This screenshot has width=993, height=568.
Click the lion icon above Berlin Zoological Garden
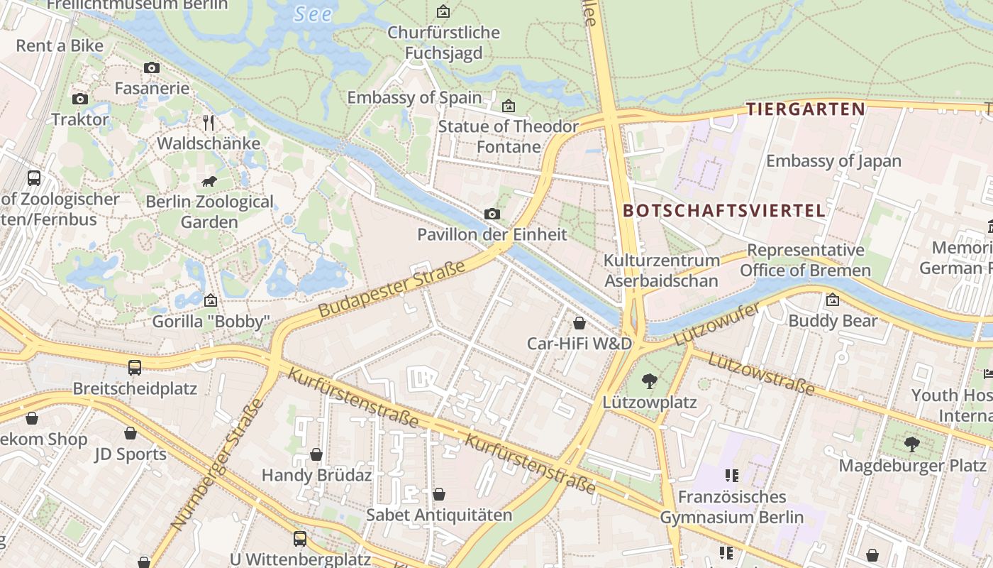click(209, 181)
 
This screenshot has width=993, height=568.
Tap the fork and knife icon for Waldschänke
click(209, 123)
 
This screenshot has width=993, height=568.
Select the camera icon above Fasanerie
click(152, 68)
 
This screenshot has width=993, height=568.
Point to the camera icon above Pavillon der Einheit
click(492, 214)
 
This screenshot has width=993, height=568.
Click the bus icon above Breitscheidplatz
click(135, 367)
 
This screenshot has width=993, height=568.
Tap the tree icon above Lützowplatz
click(649, 381)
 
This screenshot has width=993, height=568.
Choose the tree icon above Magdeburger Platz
click(912, 444)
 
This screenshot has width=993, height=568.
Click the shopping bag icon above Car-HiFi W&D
click(579, 323)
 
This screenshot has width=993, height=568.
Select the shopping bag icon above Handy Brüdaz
click(316, 454)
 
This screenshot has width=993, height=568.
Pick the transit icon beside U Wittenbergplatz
click(300, 538)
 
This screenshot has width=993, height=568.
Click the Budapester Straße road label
click(392, 289)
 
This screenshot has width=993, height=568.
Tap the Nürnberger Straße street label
click(217, 464)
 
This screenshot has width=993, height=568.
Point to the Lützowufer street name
click(716, 324)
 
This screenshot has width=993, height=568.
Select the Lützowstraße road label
click(761, 373)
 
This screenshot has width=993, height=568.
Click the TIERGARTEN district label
click(805, 109)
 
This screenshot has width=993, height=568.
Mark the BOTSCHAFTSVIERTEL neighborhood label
click(724, 210)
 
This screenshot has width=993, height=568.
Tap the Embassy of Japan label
click(833, 161)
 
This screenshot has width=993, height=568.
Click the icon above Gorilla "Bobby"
click(211, 300)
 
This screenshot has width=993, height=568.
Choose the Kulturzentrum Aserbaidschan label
click(661, 271)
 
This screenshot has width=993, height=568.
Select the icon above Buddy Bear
click(833, 300)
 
